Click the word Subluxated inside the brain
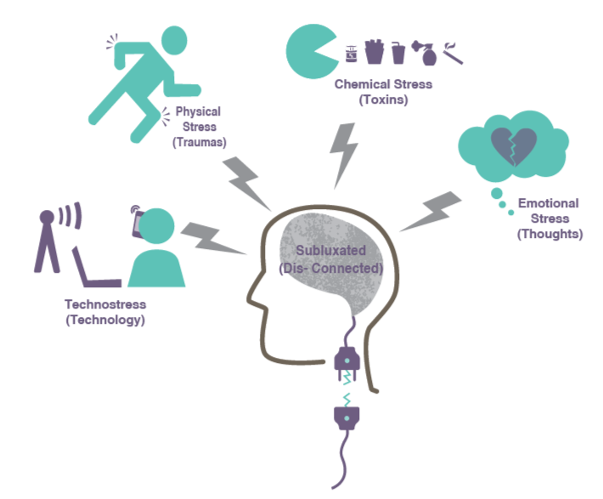point(330,250)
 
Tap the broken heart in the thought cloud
point(513,145)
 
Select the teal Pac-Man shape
point(311,52)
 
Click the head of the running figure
point(174,41)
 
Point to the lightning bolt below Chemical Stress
point(343,156)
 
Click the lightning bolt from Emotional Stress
point(431,212)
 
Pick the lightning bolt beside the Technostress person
point(212,239)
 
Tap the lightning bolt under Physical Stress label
point(246,184)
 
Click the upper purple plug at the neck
point(347,363)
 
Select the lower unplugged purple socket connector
point(347,418)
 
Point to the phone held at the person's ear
point(138,223)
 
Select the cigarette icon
point(453,54)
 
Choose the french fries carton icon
point(375,52)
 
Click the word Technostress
point(105,304)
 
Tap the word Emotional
point(549,203)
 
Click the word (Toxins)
point(383,99)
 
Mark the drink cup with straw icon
point(398,53)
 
